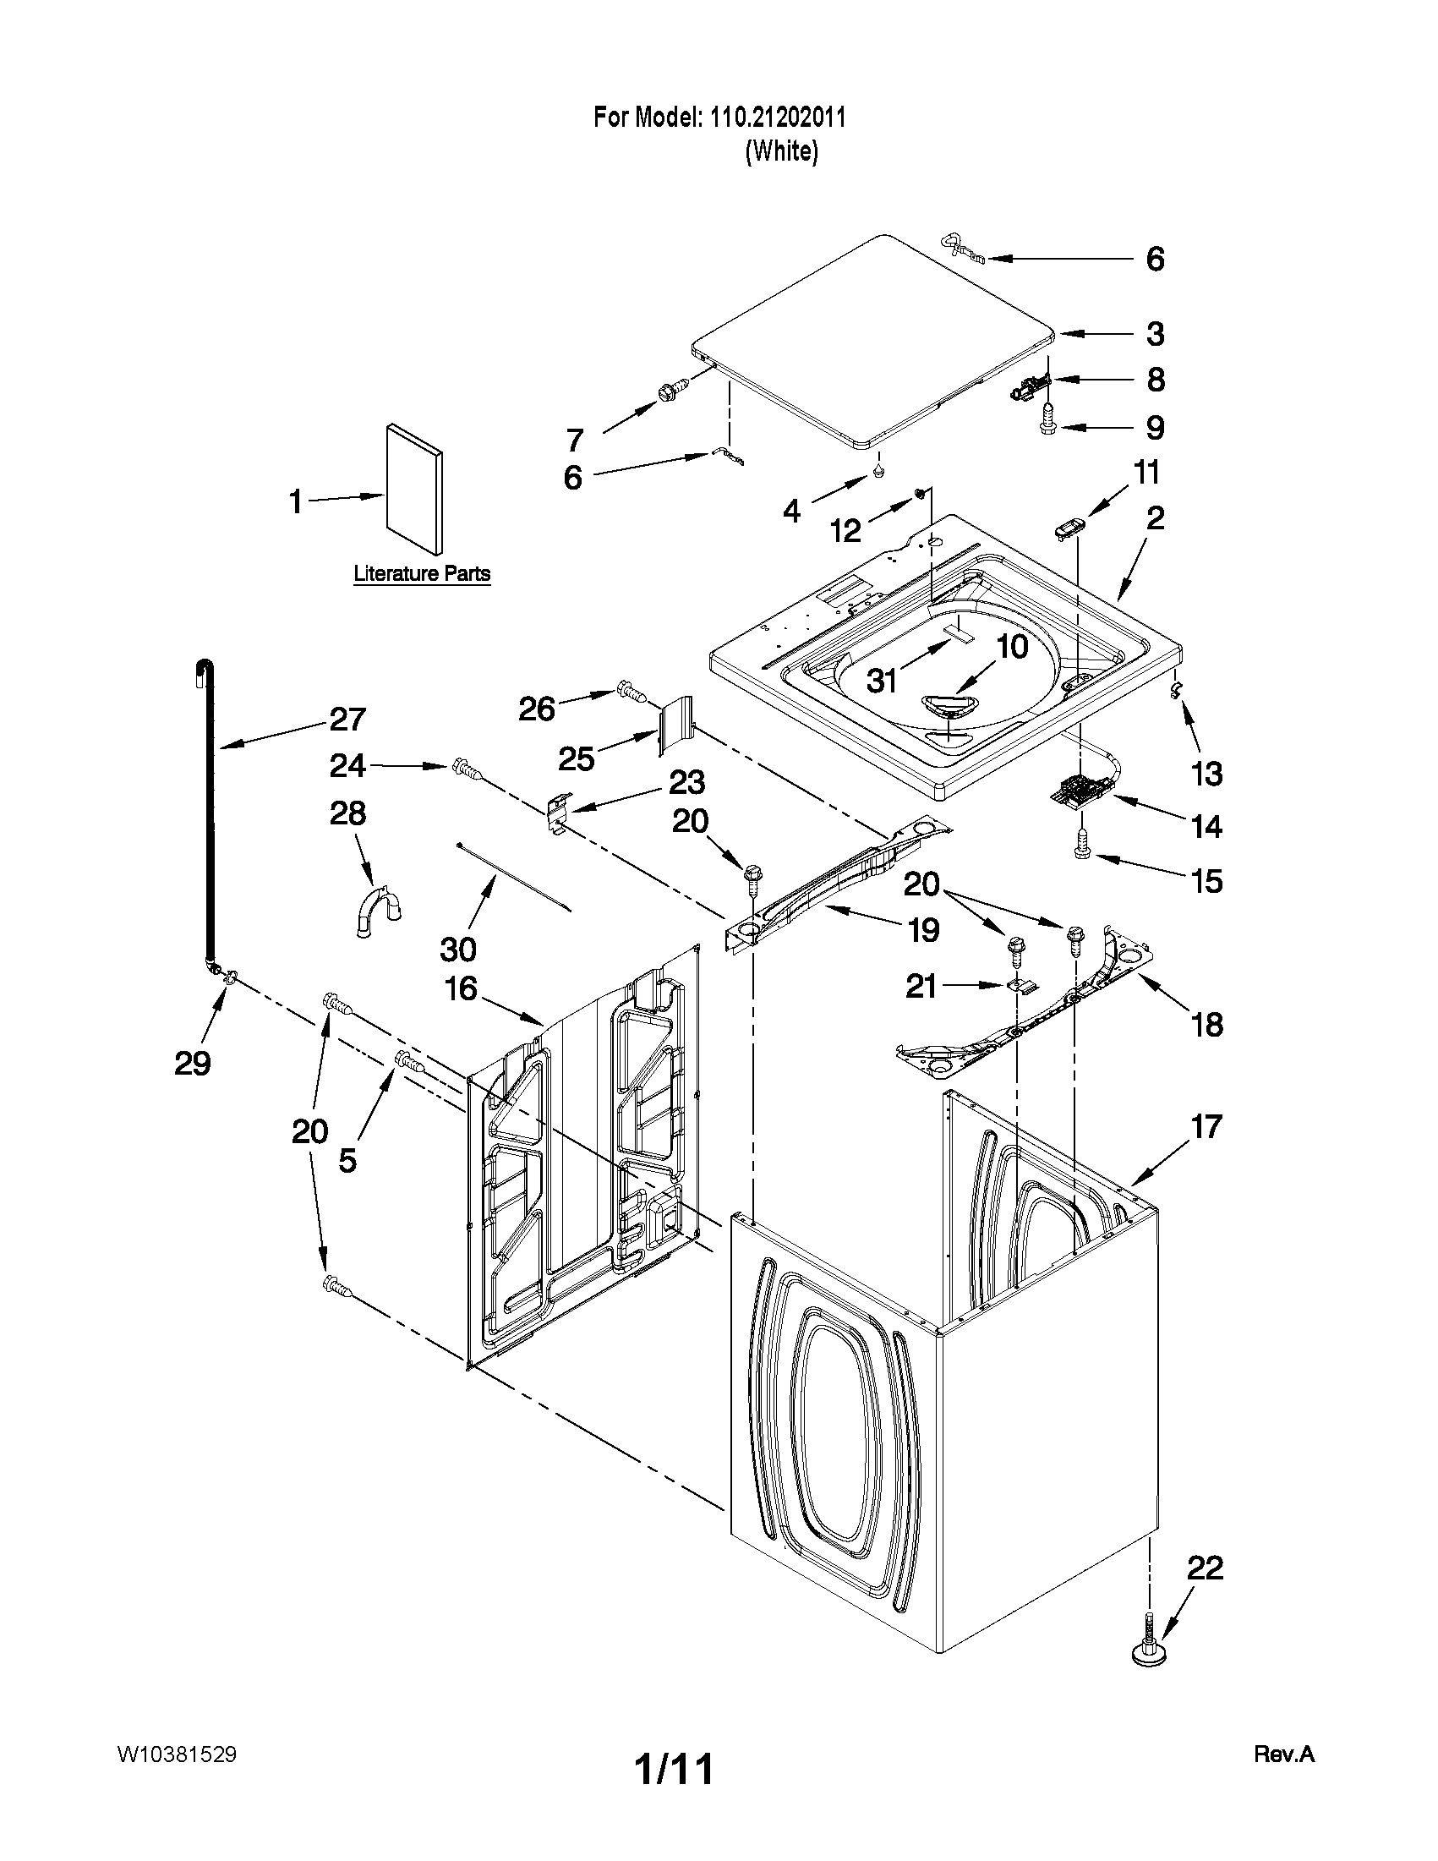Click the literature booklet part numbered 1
coord(415,489)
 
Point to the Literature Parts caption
coord(422,573)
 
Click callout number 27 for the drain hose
coord(347,720)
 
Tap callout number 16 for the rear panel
coord(461,989)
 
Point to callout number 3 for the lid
coord(1154,334)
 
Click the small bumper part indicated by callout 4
coord(878,470)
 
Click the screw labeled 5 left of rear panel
coord(408,1062)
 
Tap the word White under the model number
coord(781,151)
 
